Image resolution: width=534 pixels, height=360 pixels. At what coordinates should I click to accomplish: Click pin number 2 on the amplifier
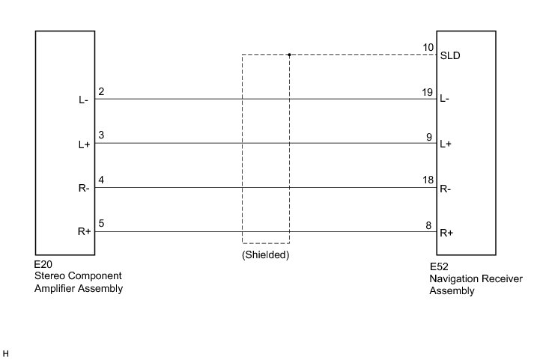tap(100, 92)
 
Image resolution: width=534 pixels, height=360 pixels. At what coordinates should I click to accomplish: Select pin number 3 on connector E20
tap(100, 136)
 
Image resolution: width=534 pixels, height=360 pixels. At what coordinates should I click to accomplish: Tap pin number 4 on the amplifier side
tap(100, 180)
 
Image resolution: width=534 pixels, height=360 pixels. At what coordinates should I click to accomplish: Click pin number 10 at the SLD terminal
tap(428, 48)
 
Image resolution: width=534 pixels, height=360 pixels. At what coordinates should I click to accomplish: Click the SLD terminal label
tap(450, 55)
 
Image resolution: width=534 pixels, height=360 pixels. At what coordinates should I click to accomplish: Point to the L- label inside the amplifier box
tap(84, 100)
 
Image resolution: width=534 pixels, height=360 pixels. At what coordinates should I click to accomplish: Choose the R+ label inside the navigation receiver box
tap(446, 233)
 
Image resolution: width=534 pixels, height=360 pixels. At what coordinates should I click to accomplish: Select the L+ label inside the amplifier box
tap(84, 144)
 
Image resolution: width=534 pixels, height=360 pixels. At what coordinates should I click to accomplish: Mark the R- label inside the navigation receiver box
tap(446, 189)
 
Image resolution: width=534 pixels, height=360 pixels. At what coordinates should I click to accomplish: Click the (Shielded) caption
tap(265, 254)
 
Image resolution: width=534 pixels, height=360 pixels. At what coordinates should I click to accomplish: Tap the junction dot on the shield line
tap(289, 55)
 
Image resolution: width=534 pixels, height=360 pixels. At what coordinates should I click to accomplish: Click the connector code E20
tap(43, 265)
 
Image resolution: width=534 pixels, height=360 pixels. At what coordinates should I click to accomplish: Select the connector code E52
tap(438, 266)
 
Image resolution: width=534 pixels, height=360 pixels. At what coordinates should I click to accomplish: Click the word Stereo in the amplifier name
tap(49, 277)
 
